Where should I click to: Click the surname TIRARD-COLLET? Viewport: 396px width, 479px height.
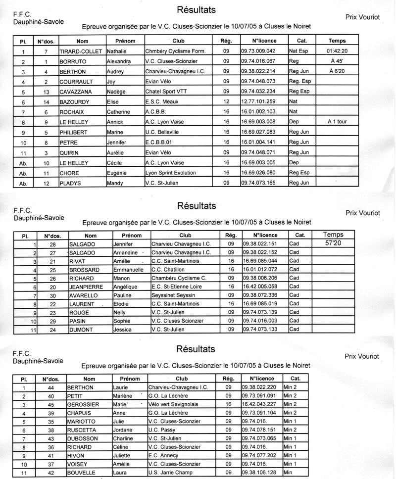coord(80,51)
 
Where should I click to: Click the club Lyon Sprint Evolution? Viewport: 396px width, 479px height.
coord(171,173)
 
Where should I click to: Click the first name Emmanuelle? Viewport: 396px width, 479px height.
coord(129,270)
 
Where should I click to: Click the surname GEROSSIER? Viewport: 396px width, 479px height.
coord(85,404)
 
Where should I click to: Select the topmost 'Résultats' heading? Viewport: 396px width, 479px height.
coord(196,10)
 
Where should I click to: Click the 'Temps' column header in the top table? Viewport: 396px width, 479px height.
coord(337,41)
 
